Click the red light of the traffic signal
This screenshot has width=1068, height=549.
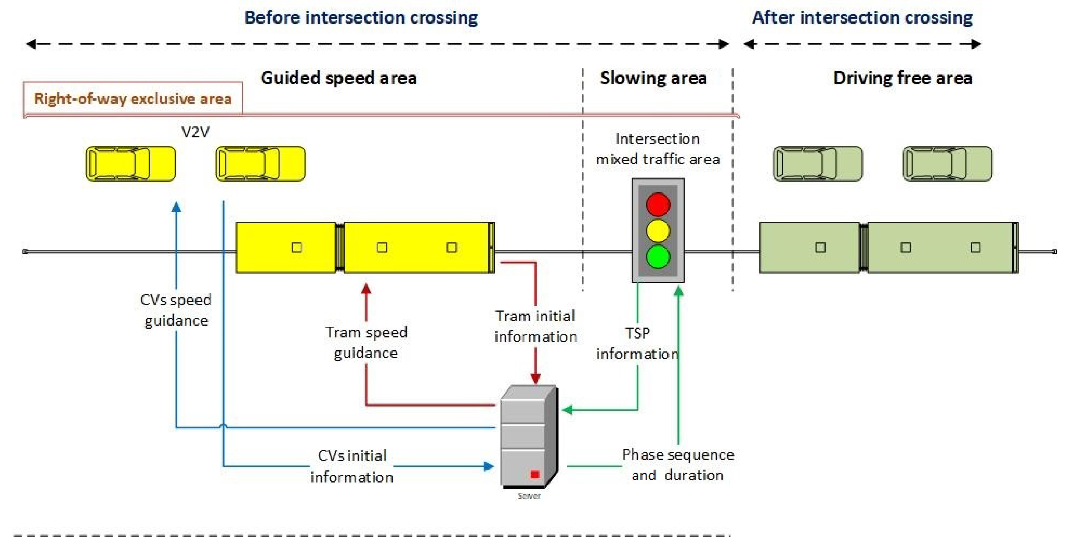tap(658, 204)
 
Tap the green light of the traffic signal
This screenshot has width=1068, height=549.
tap(658, 256)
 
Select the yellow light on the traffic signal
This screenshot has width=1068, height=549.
tap(658, 230)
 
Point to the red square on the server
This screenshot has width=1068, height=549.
tap(535, 474)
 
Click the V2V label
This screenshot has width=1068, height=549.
tap(195, 132)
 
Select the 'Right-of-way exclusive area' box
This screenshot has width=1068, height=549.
tap(133, 98)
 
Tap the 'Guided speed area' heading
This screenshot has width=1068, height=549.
tap(339, 78)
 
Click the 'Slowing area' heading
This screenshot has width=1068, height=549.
tap(653, 78)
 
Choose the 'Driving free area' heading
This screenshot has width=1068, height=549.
tap(903, 78)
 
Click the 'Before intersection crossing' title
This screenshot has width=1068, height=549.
tap(361, 18)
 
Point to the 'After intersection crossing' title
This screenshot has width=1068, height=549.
tap(862, 18)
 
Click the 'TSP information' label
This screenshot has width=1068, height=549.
tap(637, 343)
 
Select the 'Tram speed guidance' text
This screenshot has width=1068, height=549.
tap(366, 342)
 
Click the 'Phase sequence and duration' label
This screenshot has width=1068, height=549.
tap(678, 465)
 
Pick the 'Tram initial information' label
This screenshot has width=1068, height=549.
tap(535, 326)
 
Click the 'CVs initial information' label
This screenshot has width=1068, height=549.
tap(352, 466)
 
